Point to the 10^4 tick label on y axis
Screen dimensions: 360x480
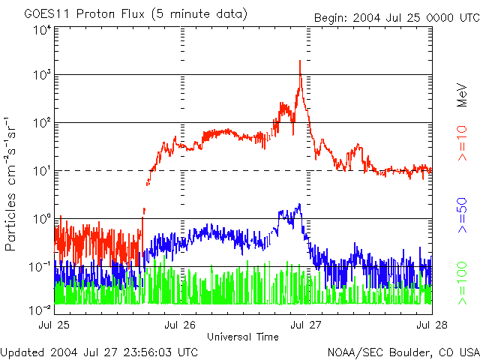[x=41, y=29]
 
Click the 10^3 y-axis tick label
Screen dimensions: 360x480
[x=41, y=75]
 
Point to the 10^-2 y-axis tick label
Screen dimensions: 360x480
[x=40, y=309]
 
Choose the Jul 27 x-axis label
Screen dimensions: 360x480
[x=306, y=325]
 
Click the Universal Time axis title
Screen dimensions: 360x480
[x=243, y=337]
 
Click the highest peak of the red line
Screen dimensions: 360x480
[x=300, y=61]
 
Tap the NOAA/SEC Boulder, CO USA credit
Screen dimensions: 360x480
[x=403, y=352]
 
